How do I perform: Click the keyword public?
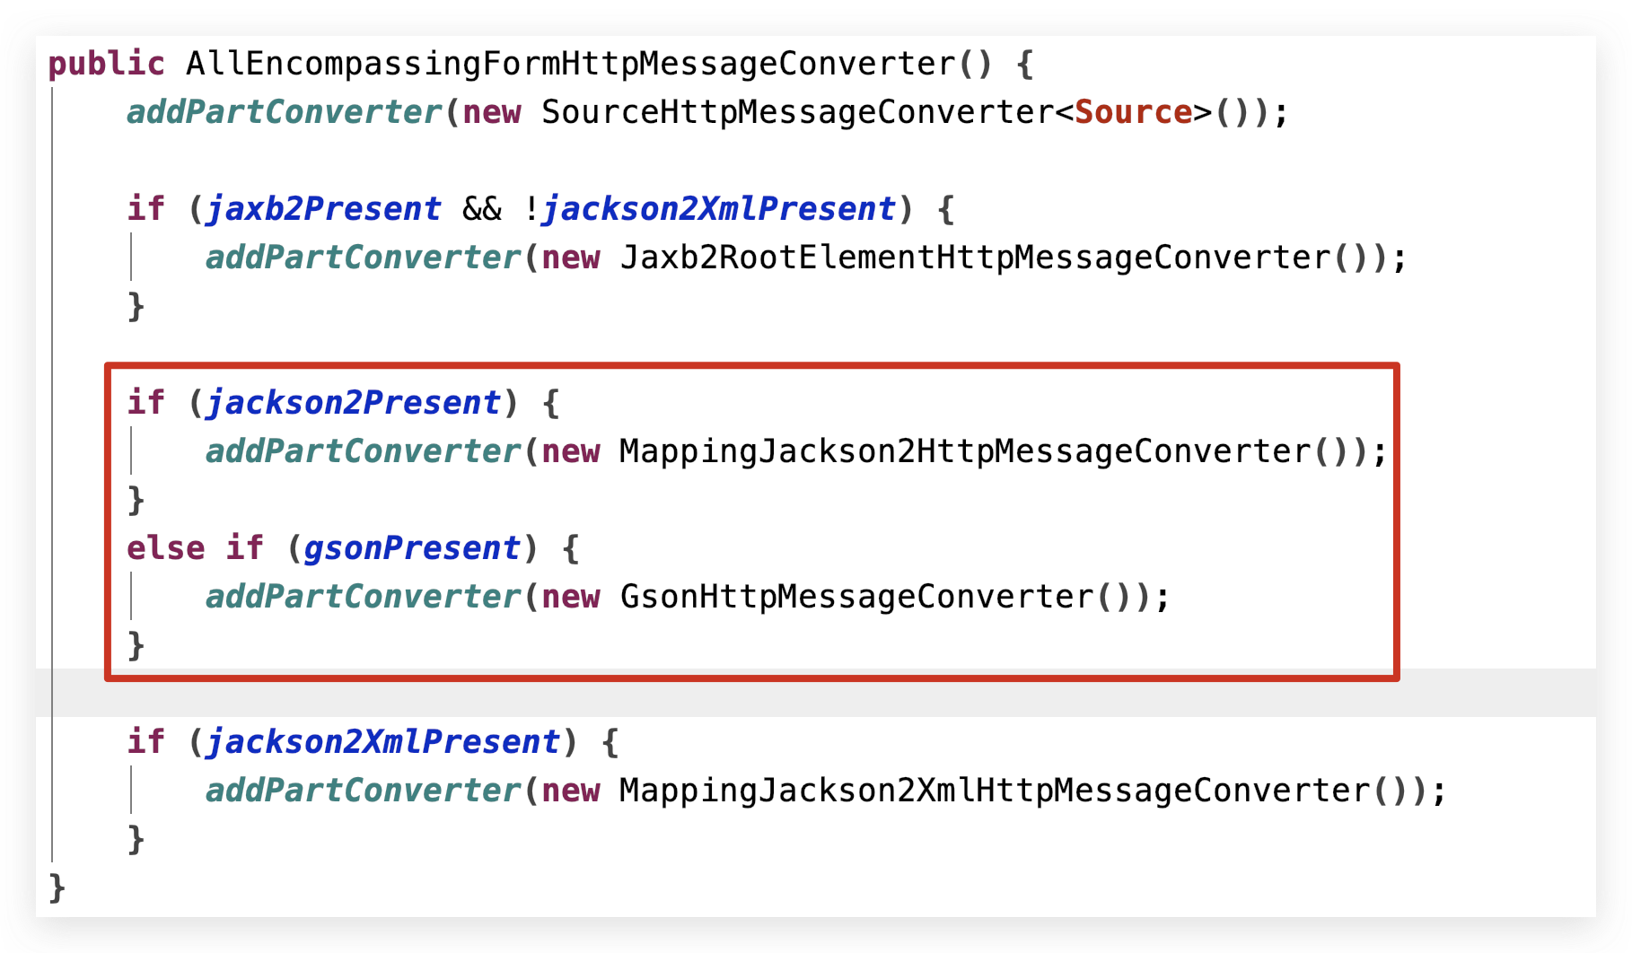coord(106,64)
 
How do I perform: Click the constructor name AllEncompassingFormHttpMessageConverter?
coord(571,64)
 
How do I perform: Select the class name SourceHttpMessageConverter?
coord(797,112)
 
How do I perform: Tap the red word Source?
coord(1133,112)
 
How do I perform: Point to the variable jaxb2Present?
coord(323,209)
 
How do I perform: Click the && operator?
coord(482,209)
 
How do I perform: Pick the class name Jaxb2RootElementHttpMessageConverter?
coord(975,258)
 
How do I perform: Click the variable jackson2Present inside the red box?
coord(353,403)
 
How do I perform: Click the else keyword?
coord(165,548)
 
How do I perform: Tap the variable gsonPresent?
coord(412,548)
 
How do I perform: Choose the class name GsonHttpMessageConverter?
coord(856,597)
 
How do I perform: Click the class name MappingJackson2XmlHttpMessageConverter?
coord(995,791)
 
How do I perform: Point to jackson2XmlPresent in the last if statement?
coord(383,742)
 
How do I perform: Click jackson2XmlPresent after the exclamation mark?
coord(719,209)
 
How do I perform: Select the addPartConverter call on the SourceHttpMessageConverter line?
coord(284,112)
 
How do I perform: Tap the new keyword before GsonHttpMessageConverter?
coord(570,597)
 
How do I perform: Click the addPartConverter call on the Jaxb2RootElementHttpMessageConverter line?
coord(363,258)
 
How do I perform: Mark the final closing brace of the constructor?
coord(57,887)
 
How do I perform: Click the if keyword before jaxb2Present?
coord(145,209)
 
